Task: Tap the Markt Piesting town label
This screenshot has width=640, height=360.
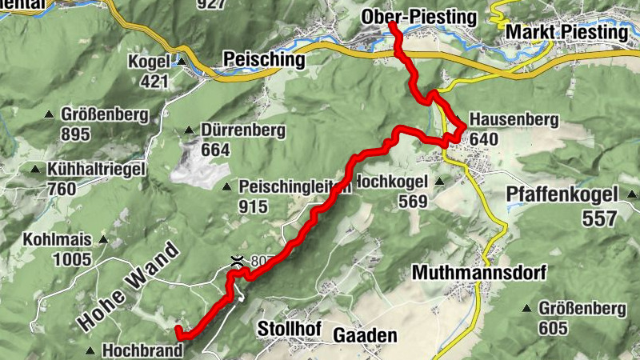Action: (566, 33)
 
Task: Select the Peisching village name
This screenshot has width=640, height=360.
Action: (265, 60)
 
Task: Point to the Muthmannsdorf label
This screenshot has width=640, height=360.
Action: (478, 273)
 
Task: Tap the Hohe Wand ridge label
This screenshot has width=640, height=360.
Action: (127, 277)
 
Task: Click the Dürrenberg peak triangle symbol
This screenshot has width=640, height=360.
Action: (189, 130)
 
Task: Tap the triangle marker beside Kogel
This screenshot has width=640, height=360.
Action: (182, 62)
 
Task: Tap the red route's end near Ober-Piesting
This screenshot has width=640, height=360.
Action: (393, 27)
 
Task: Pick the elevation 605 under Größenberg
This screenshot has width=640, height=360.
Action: (553, 328)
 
